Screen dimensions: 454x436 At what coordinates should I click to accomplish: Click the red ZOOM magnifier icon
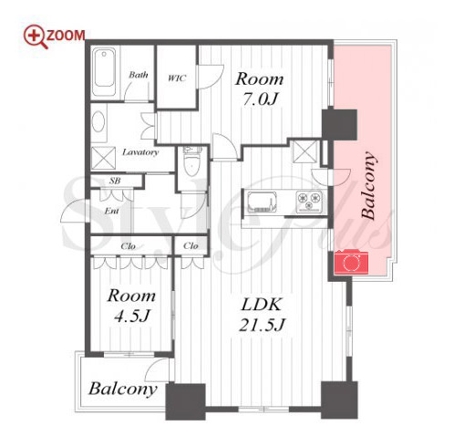pyautogui.click(x=35, y=36)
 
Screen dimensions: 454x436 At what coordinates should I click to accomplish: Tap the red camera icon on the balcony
pyautogui.click(x=351, y=262)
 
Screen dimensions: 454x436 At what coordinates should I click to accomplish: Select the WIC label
pyautogui.click(x=177, y=78)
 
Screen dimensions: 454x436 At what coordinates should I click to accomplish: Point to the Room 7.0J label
pyautogui.click(x=259, y=88)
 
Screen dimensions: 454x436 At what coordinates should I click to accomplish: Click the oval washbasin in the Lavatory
pyautogui.click(x=98, y=121)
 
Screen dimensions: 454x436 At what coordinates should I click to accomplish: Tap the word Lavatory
pyautogui.click(x=140, y=152)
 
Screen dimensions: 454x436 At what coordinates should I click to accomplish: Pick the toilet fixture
pyautogui.click(x=191, y=161)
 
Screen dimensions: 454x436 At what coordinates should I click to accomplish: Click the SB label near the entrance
pyautogui.click(x=115, y=181)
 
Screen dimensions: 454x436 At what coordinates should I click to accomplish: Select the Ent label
pyautogui.click(x=111, y=211)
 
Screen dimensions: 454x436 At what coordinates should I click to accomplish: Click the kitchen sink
pyautogui.click(x=262, y=202)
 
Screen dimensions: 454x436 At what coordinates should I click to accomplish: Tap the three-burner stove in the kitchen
pyautogui.click(x=309, y=202)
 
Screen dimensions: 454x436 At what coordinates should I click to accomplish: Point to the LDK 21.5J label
pyautogui.click(x=261, y=315)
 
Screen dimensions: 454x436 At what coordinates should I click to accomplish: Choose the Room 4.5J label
pyautogui.click(x=131, y=306)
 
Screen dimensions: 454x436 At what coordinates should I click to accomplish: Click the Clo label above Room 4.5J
pyautogui.click(x=128, y=245)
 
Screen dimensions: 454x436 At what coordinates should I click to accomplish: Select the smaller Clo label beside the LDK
pyautogui.click(x=191, y=245)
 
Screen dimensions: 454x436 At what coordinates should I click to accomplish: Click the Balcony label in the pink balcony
pyautogui.click(x=368, y=185)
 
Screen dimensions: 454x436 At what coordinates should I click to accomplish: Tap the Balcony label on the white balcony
pyautogui.click(x=123, y=389)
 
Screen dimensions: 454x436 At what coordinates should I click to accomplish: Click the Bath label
pyautogui.click(x=139, y=75)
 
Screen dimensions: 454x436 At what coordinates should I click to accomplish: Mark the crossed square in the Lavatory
pyautogui.click(x=104, y=158)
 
